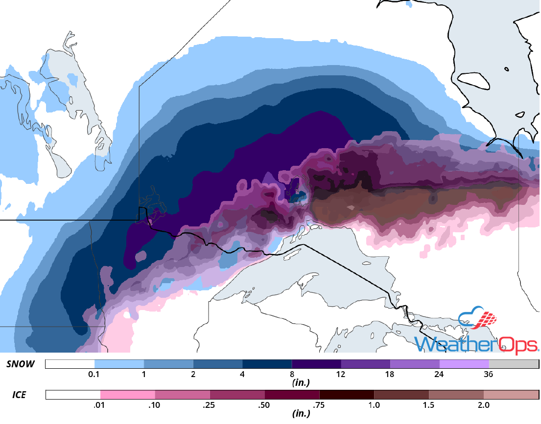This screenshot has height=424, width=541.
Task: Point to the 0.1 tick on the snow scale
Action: pyautogui.click(x=94, y=375)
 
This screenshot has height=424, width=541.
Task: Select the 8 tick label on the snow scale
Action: pyautogui.click(x=292, y=375)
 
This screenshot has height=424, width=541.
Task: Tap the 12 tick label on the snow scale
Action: pyautogui.click(x=341, y=375)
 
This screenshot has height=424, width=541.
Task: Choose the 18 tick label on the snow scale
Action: pyautogui.click(x=390, y=375)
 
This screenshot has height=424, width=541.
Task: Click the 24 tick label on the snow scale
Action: pyautogui.click(x=440, y=375)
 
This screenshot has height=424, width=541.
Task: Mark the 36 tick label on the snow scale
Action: pyautogui.click(x=489, y=375)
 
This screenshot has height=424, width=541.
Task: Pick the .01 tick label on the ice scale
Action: pyautogui.click(x=100, y=405)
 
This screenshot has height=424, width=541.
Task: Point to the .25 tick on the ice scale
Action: pyautogui.click(x=210, y=405)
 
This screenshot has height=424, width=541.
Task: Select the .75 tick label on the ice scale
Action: pyautogui.click(x=319, y=405)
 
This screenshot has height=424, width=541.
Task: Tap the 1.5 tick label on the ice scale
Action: pyautogui.click(x=429, y=405)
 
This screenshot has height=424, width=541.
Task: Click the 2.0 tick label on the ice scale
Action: pyautogui.click(x=483, y=405)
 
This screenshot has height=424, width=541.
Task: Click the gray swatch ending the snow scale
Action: pyautogui.click(x=513, y=364)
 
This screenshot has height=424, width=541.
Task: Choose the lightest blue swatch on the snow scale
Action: pyautogui.click(x=119, y=364)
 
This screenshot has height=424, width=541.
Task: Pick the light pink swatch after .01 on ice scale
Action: pyautogui.click(x=127, y=395)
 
